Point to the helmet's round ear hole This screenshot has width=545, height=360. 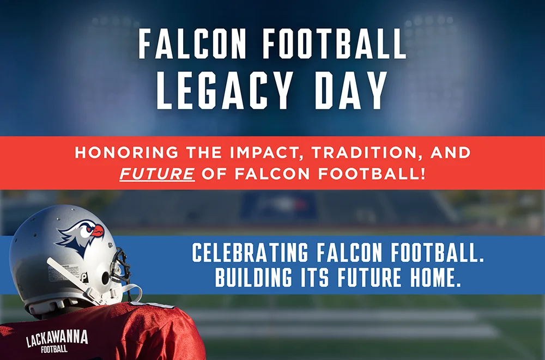105,278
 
